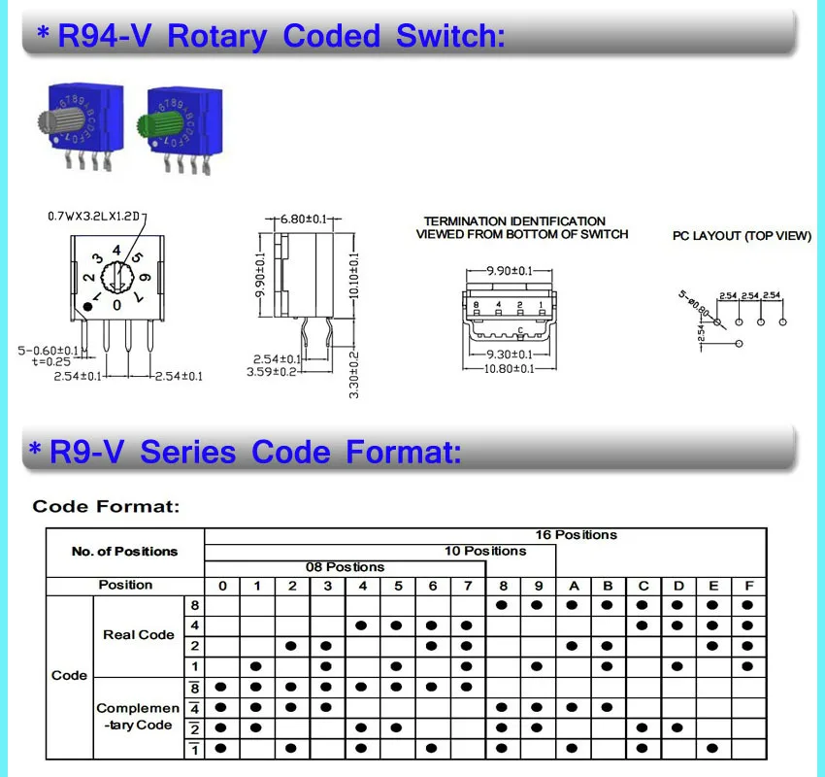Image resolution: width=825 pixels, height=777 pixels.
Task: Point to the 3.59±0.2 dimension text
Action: click(x=272, y=371)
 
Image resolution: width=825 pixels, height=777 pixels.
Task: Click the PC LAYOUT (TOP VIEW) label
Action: click(x=742, y=236)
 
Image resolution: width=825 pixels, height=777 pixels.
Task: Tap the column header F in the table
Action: click(x=747, y=586)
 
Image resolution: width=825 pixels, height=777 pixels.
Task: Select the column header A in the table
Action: click(x=573, y=586)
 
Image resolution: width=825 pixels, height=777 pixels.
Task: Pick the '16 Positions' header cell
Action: click(x=576, y=535)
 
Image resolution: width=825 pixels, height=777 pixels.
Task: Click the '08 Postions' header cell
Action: click(x=346, y=567)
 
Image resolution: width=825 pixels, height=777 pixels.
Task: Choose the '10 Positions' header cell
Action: click(x=485, y=551)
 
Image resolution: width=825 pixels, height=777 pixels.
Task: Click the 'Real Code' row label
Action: click(x=139, y=635)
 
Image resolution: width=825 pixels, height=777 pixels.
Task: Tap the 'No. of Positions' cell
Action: click(x=125, y=552)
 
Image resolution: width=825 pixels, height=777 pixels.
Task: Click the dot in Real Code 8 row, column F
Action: click(x=747, y=604)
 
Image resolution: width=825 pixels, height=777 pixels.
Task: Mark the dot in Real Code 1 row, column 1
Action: click(x=257, y=665)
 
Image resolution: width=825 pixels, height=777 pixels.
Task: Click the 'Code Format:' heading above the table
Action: click(x=106, y=506)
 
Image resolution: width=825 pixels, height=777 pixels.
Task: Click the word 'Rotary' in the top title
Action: click(x=216, y=36)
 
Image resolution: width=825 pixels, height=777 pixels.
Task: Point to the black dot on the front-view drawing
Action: click(x=88, y=306)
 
